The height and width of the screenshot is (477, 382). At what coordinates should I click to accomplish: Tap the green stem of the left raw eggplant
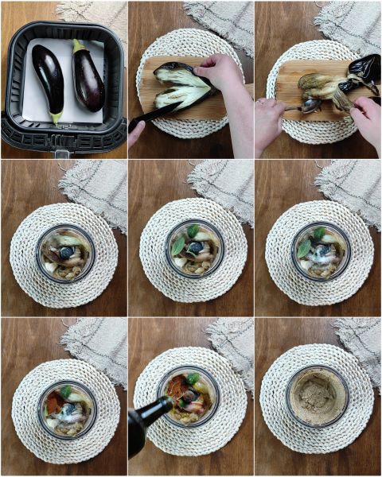coord(56,117)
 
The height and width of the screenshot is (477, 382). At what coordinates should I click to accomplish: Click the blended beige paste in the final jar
coord(317,395)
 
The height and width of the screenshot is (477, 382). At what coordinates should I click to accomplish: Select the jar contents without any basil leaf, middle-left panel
coord(65,254)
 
